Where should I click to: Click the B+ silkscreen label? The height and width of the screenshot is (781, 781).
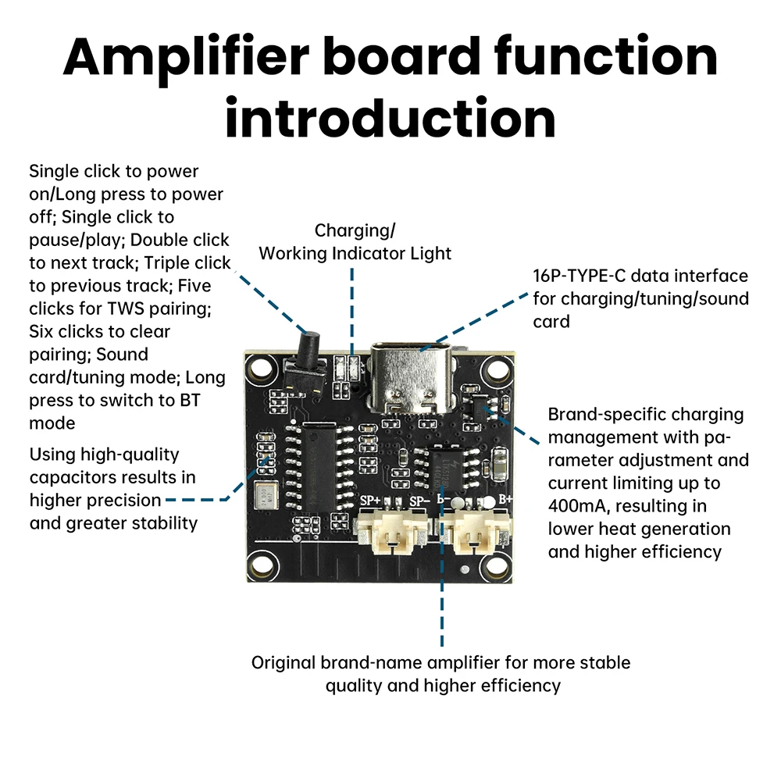click(505, 498)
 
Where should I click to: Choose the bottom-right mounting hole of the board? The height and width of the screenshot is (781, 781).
click(494, 564)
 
